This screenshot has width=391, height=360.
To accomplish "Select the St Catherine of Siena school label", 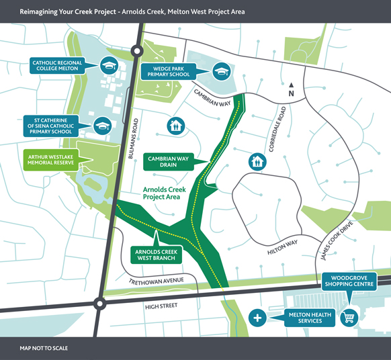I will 54,126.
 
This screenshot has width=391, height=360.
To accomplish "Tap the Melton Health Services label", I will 306,317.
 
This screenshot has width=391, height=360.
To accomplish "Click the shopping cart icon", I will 349,317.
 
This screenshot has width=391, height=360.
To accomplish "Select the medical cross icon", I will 257,317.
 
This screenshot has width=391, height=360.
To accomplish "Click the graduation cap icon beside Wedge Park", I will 221,71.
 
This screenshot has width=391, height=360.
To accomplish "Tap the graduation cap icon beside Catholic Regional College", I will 108,66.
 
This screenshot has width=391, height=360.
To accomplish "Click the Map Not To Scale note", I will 44,348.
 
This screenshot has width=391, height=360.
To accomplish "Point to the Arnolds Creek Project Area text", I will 162,194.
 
